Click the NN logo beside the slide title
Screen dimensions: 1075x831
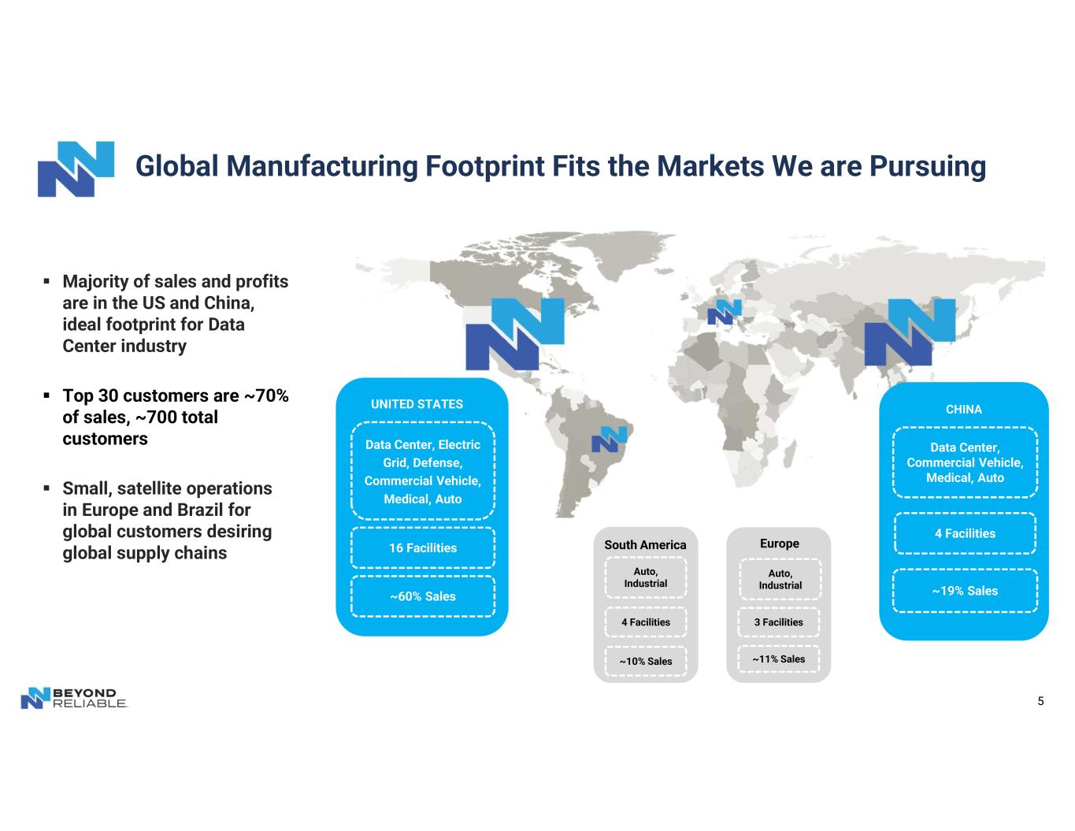click(76, 169)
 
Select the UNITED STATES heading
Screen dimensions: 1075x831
click(417, 404)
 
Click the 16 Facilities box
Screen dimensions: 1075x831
click(422, 547)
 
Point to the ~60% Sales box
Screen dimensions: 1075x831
click(422, 596)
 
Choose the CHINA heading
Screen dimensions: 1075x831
click(964, 410)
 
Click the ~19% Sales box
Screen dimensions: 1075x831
click(965, 591)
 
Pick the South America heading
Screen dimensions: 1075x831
click(645, 544)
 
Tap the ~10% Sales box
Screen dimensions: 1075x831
click(646, 661)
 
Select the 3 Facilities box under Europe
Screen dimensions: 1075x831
click(779, 621)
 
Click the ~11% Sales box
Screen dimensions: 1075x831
click(779, 658)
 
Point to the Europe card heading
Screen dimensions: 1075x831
click(780, 543)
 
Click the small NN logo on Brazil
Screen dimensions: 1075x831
click(610, 440)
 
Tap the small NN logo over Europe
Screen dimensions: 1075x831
click(725, 312)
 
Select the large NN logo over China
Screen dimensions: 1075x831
click(910, 332)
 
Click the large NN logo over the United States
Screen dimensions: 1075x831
click(514, 334)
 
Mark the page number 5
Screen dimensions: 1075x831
click(1040, 701)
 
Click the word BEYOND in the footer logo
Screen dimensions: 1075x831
click(84, 692)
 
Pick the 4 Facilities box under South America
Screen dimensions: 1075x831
click(646, 621)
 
